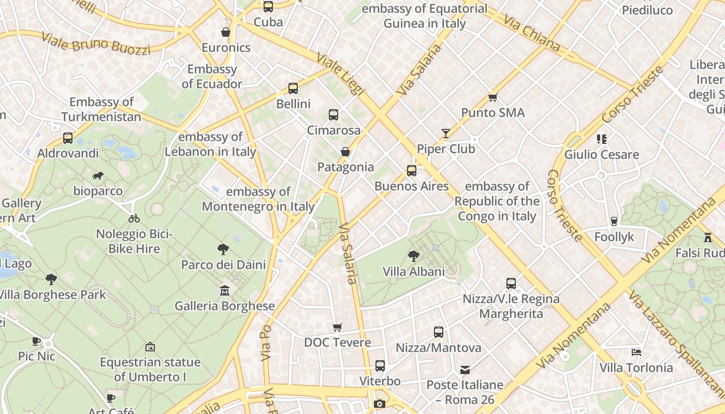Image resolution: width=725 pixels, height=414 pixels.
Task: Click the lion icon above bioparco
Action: pyautogui.click(x=97, y=176)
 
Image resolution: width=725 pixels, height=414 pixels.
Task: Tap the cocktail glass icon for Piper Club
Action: pyautogui.click(x=445, y=134)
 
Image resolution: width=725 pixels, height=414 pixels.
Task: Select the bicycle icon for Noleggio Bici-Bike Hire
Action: pyautogui.click(x=134, y=218)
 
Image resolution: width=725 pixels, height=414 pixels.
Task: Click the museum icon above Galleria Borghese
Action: pyautogui.click(x=224, y=290)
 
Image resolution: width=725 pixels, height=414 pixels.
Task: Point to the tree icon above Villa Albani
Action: pyautogui.click(x=413, y=256)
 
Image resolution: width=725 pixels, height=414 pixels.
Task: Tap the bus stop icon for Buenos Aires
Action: pyautogui.click(x=411, y=170)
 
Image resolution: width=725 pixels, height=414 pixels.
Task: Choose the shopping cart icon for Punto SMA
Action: pyautogui.click(x=492, y=97)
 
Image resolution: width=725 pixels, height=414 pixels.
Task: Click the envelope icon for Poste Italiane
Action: pyautogui.click(x=465, y=369)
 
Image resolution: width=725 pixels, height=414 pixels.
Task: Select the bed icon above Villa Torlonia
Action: pyautogui.click(x=636, y=352)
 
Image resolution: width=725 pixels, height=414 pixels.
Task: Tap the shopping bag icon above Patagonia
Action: pyautogui.click(x=345, y=152)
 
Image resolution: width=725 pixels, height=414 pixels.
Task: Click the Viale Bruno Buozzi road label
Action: pyautogui.click(x=95, y=43)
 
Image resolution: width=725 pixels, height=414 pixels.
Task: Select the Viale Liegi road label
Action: pyautogui.click(x=340, y=75)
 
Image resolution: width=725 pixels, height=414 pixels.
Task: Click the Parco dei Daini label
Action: pyautogui.click(x=223, y=264)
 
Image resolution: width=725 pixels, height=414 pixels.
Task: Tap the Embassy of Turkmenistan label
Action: pyautogui.click(x=102, y=109)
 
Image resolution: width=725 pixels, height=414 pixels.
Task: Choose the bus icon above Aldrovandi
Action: pyautogui.click(x=68, y=138)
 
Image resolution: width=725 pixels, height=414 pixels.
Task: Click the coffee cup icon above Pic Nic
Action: pyautogui.click(x=36, y=341)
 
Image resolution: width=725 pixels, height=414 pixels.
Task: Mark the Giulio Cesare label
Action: pyautogui.click(x=601, y=154)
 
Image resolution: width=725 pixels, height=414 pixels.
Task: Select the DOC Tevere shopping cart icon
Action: pyautogui.click(x=337, y=327)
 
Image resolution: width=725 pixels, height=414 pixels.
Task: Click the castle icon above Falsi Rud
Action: pyautogui.click(x=707, y=238)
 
